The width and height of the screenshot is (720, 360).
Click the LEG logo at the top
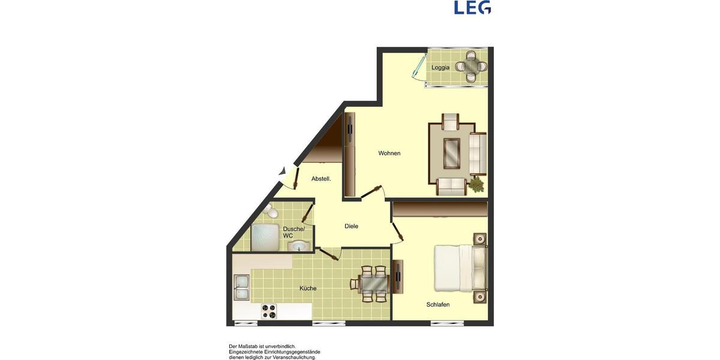[472, 7]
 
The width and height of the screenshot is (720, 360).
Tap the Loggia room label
[440, 68]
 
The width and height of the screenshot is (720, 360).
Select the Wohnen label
[389, 154]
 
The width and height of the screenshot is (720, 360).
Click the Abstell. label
[321, 179]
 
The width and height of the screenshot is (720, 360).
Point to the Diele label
[351, 226]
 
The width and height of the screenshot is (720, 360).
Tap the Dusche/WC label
[294, 232]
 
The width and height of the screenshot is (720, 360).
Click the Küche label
[308, 289]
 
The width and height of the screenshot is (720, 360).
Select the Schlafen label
[437, 305]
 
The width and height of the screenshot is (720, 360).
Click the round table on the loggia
[470, 67]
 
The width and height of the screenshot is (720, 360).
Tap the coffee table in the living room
[452, 154]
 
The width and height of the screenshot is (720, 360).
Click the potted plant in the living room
[478, 184]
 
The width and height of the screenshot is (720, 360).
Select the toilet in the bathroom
[272, 211]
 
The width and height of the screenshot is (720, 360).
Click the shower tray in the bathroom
[264, 237]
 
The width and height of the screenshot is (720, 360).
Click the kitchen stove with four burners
[269, 311]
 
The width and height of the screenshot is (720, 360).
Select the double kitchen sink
[242, 287]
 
